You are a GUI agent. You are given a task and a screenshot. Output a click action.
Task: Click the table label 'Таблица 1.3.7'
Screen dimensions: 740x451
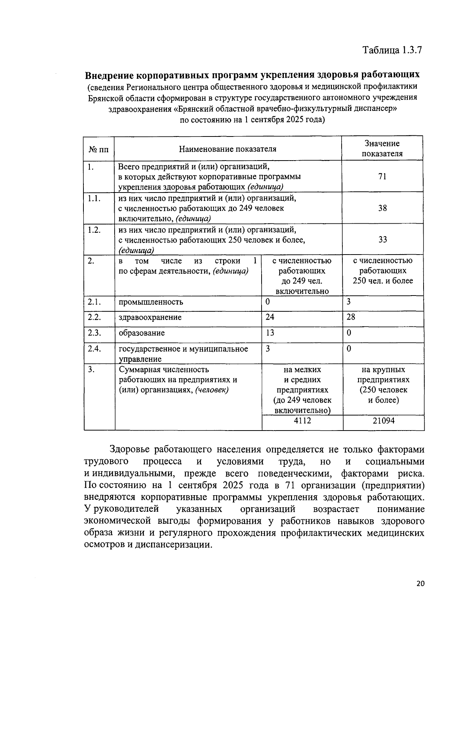[x=393, y=50]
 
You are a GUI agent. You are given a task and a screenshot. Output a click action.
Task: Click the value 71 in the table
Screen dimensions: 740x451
[x=382, y=176]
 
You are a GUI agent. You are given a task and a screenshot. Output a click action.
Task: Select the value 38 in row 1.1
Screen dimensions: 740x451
[x=382, y=208]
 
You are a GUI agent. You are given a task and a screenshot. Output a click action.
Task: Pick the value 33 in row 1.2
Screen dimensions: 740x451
[x=382, y=240]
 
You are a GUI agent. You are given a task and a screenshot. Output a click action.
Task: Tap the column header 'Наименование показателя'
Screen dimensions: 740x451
[x=227, y=149]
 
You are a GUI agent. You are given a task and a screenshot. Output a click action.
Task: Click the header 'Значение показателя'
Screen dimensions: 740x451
[x=382, y=149]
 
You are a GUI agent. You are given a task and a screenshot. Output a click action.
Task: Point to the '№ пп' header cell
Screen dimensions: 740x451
[x=98, y=149]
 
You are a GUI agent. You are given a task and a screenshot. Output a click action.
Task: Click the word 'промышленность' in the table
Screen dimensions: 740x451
[x=151, y=302]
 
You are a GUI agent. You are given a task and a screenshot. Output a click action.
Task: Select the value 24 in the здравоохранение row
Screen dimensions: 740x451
[x=270, y=317]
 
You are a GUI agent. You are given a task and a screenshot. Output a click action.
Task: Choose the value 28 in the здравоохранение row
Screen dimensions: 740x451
[x=351, y=317]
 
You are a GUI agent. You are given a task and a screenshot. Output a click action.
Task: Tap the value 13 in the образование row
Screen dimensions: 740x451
[x=270, y=333]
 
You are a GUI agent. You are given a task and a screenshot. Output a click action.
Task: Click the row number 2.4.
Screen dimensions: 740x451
[x=94, y=349]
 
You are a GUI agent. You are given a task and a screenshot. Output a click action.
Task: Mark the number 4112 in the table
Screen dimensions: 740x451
[x=302, y=421]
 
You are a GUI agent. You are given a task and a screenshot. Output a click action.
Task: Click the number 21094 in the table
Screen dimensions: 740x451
[x=383, y=421]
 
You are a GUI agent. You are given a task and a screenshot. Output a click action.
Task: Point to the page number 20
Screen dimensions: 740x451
[x=420, y=583]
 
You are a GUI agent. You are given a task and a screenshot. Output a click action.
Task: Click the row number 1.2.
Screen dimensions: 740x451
[x=94, y=230]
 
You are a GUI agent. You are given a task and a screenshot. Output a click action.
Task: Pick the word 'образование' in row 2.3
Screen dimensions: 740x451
[x=141, y=333]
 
